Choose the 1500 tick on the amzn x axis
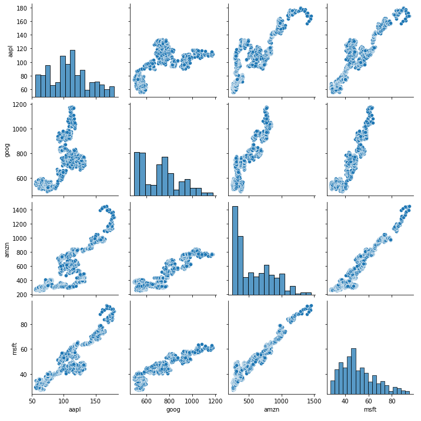313,401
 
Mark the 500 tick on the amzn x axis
249,401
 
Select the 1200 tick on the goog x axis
215,401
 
